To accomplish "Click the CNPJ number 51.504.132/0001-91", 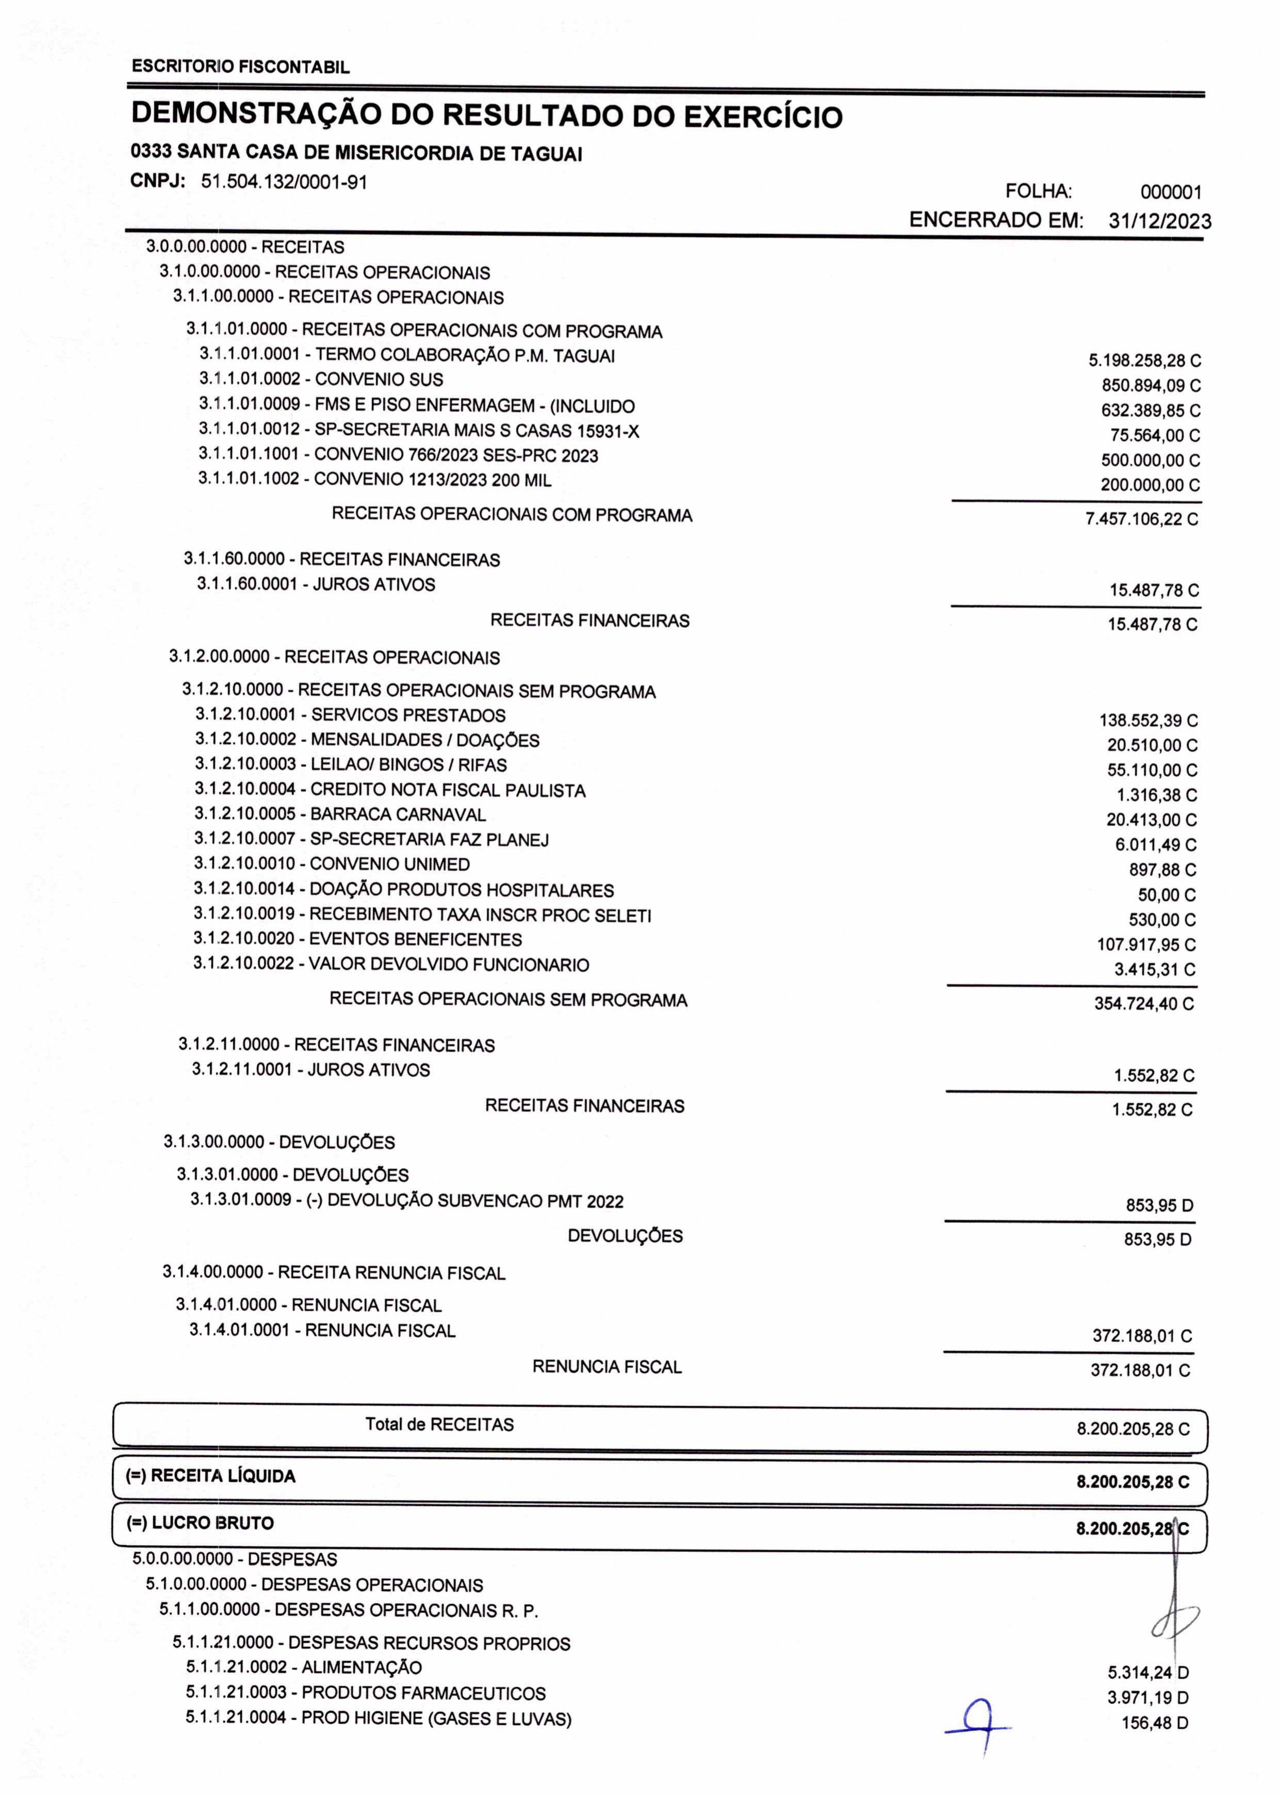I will (x=284, y=182).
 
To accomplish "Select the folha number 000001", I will (x=1170, y=192).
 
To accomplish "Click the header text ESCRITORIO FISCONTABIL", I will (x=240, y=67).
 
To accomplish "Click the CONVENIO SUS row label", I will (x=321, y=380).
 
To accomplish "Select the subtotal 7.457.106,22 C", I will (x=1141, y=519).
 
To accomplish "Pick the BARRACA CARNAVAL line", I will (x=340, y=814).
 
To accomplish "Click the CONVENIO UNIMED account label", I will (x=332, y=864).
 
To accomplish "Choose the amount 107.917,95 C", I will (x=1146, y=944).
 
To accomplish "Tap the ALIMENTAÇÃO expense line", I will (x=304, y=1667).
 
